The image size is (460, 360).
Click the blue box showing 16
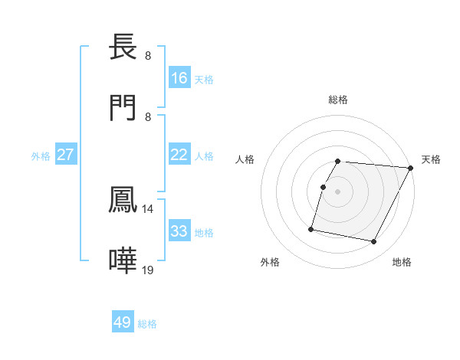click(x=179, y=78)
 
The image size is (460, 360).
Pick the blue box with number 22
click(x=179, y=155)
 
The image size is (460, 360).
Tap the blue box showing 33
click(x=179, y=231)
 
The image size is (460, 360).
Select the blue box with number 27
click(x=65, y=155)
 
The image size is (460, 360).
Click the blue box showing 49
click(x=123, y=322)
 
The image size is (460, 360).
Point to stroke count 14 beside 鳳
click(x=148, y=208)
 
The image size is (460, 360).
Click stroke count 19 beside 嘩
click(x=148, y=270)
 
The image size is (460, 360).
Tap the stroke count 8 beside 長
click(x=148, y=56)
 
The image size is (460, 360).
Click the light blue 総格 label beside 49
click(x=147, y=324)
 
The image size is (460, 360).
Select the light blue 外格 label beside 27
click(x=41, y=156)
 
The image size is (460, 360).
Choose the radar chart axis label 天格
click(x=431, y=159)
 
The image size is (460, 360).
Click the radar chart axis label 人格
click(x=245, y=159)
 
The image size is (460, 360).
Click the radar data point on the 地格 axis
click(x=374, y=242)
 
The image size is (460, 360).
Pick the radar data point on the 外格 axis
click(x=311, y=228)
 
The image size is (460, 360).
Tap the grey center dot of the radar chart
click(x=337, y=191)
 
